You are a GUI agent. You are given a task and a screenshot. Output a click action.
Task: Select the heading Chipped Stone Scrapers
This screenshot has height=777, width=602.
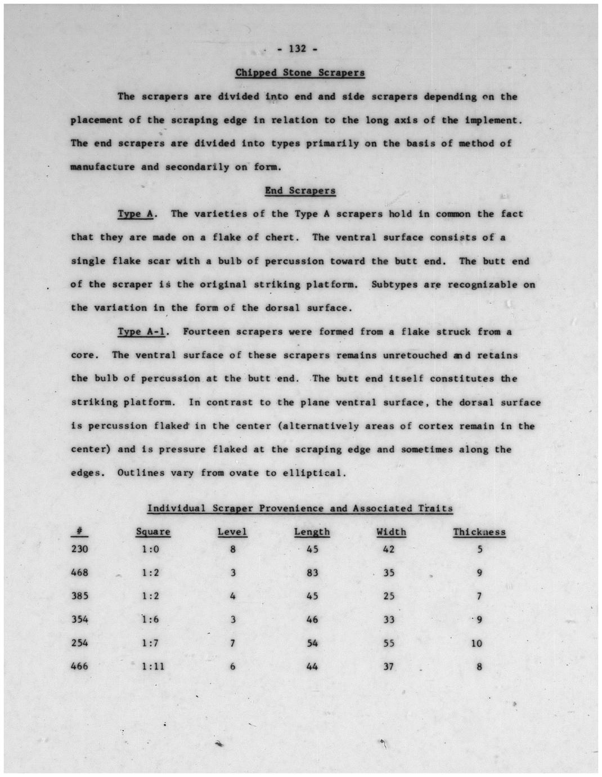300,73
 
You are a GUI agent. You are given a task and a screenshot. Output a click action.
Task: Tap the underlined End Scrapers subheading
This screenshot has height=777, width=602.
300,190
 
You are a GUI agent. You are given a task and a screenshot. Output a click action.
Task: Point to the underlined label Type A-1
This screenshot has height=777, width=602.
141,332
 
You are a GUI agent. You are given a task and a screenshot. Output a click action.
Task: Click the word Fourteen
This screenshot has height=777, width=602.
206,332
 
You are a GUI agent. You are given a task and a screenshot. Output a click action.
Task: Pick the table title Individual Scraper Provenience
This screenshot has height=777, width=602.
300,508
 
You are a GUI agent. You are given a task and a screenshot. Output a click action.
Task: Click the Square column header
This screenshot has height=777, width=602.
153,532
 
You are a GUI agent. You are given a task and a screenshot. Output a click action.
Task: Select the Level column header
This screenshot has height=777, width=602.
232,532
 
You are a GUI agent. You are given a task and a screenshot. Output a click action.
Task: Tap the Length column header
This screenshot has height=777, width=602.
312,532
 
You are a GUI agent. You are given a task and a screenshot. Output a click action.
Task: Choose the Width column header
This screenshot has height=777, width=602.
391,532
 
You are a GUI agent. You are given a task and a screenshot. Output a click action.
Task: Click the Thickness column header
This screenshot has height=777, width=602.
479,532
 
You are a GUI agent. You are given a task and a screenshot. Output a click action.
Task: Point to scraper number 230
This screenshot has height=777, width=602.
79,549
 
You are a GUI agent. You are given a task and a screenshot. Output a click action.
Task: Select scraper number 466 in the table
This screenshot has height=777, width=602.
79,666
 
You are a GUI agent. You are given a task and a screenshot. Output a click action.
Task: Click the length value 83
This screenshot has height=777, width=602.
312,573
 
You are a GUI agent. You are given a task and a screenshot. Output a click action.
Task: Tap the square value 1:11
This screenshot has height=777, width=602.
153,666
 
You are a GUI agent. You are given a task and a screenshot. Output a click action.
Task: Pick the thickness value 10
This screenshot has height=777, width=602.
477,643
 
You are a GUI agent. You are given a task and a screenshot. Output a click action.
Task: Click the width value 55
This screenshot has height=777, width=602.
389,643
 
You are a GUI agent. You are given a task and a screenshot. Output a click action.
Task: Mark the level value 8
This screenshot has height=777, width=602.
232,549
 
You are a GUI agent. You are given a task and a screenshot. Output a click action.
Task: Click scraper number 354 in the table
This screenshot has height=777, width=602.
79,619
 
